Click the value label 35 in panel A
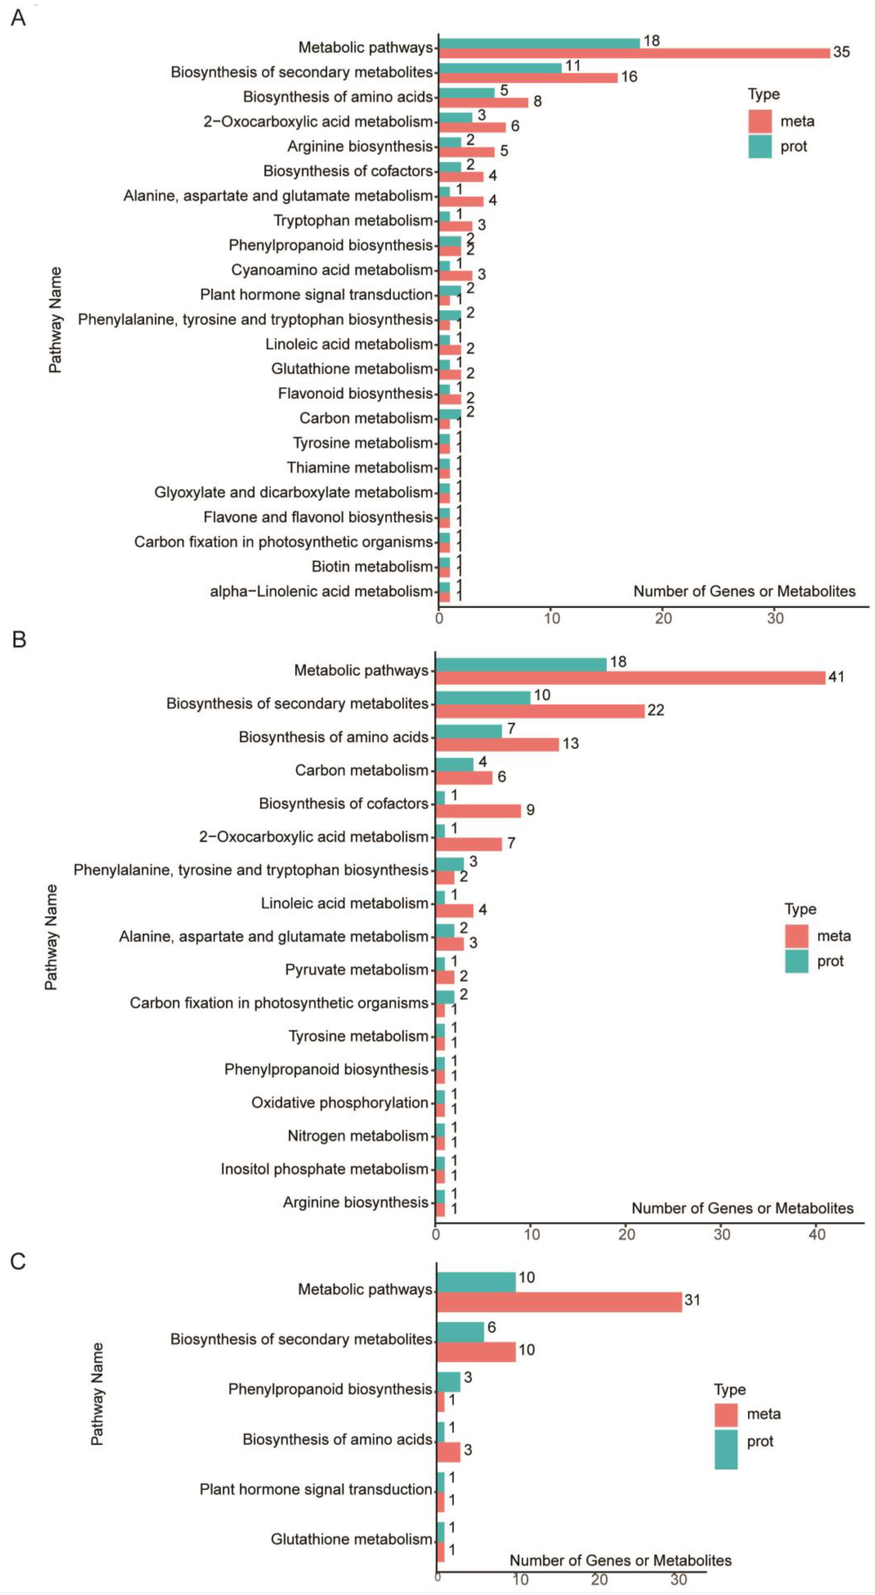841,52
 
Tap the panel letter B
19,639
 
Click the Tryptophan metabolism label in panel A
353,220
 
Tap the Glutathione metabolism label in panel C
351,1539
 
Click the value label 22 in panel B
655,710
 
